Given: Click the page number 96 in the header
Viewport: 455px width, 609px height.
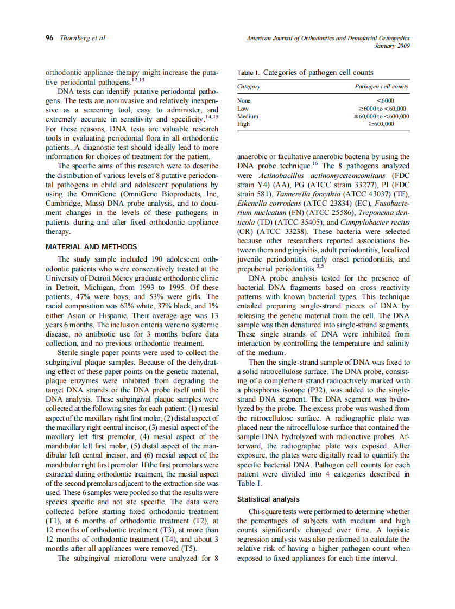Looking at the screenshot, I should coord(49,38).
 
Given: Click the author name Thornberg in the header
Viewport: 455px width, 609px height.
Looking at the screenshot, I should coord(75,38).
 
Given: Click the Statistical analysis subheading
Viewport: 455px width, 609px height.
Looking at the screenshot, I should coord(268,499).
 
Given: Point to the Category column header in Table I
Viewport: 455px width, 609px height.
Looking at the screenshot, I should coord(249,87).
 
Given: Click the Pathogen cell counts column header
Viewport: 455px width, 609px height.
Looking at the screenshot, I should coord(381,87).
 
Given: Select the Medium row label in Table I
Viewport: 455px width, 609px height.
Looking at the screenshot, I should coord(248,116).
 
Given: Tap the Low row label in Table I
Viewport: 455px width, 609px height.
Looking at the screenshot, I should coord(243,108).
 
